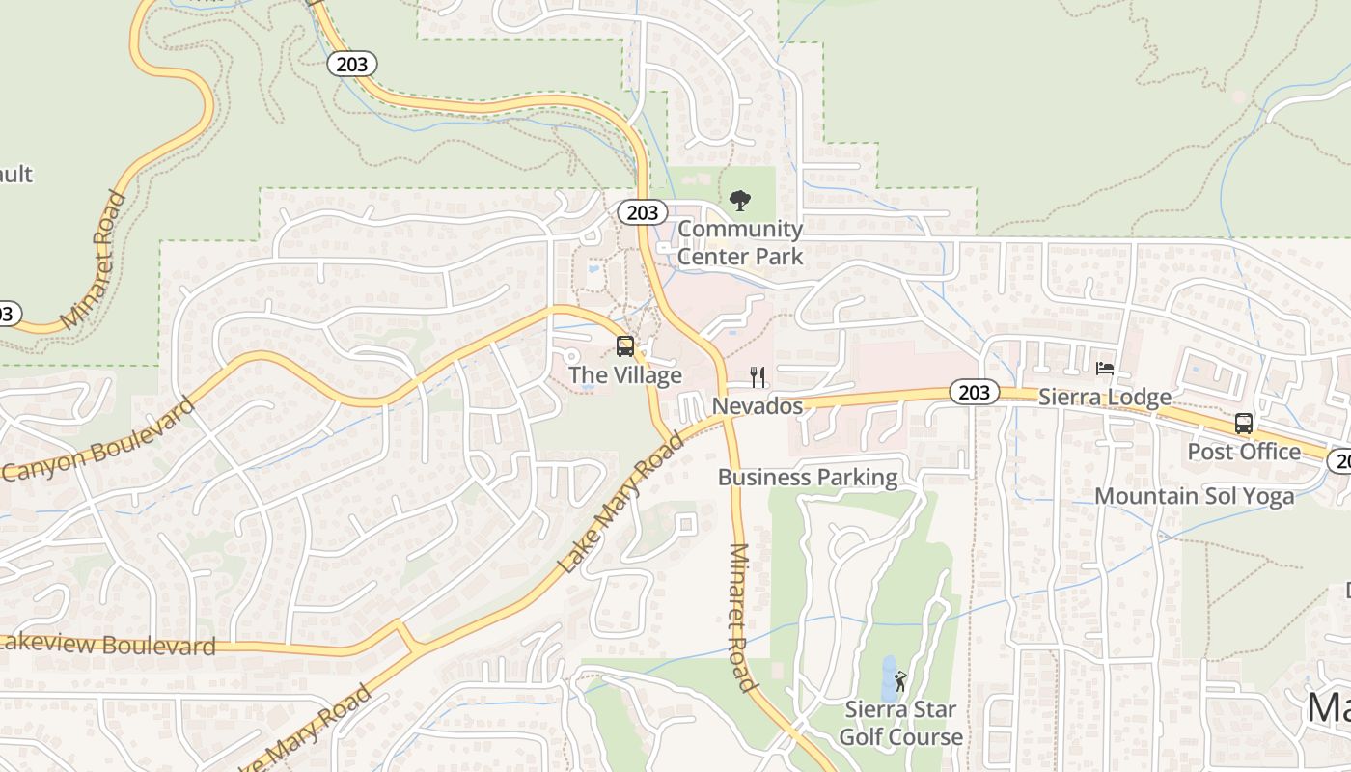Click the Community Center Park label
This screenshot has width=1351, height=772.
click(x=739, y=242)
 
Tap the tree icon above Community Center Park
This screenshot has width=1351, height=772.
click(x=740, y=201)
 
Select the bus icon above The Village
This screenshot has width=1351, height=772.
click(x=625, y=346)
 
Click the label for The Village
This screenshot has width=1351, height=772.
click(x=625, y=375)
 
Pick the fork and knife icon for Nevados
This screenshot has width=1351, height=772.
click(x=758, y=377)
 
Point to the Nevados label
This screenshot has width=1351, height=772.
click(x=758, y=406)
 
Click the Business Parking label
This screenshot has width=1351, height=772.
click(x=808, y=478)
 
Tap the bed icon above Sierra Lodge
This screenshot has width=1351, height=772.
click(x=1105, y=369)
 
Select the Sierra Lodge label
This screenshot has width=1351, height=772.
click(x=1105, y=397)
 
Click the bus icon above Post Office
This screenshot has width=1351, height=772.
click(x=1244, y=423)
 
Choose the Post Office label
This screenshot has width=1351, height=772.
click(x=1244, y=452)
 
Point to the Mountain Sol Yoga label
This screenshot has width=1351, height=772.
click(x=1195, y=496)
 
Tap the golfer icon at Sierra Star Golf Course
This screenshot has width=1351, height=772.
click(x=900, y=681)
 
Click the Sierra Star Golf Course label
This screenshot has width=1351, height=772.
click(x=900, y=724)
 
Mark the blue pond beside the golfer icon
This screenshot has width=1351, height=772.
click(x=888, y=679)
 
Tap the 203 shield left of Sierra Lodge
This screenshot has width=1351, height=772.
click(x=975, y=392)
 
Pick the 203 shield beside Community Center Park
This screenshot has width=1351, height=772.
click(x=642, y=213)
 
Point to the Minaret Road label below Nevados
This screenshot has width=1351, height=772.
click(x=740, y=618)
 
